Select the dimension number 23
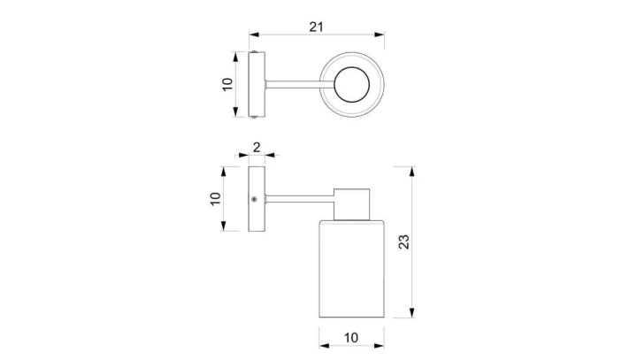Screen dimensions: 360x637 pos(404,242)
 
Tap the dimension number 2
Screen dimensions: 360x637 pos(257,148)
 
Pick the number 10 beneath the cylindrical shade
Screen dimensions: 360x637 pos(351,340)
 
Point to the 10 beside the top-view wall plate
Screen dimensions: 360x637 pos(226,85)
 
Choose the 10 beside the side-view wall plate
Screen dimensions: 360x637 pos(215,199)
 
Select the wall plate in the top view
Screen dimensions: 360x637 pos(257,85)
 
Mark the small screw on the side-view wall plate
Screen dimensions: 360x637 pos(255,200)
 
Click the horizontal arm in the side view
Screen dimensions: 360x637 pos(299,200)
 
